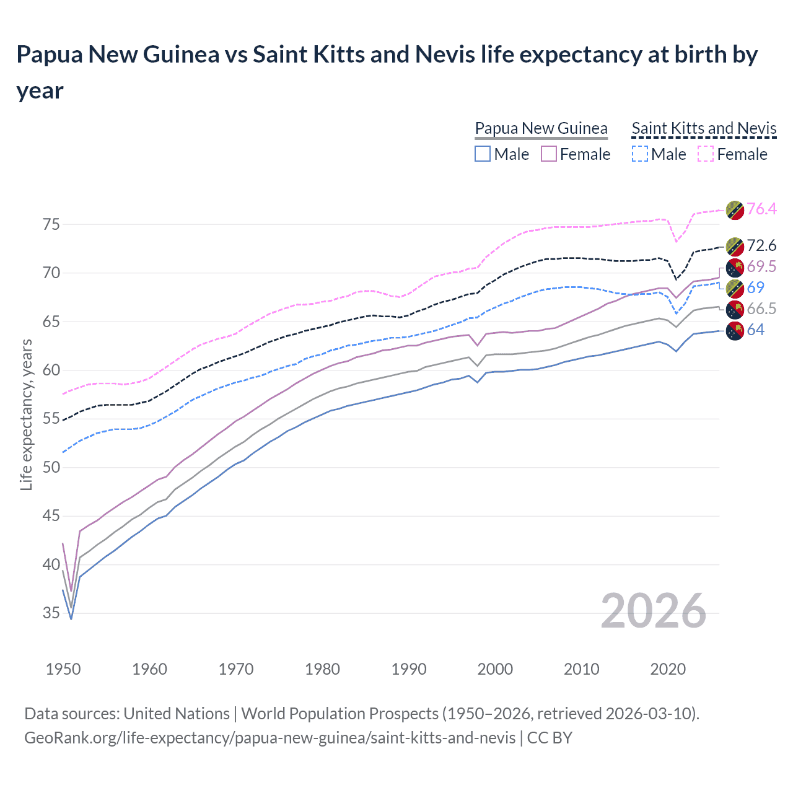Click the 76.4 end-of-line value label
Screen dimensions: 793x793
coord(761,209)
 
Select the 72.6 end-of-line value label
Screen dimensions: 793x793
coord(761,246)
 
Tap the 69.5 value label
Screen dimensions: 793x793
coord(761,267)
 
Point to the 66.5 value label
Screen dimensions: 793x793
coord(761,309)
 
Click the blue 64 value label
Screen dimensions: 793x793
coord(756,330)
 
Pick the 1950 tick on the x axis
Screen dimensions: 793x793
coord(63,670)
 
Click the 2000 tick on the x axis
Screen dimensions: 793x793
coord(495,670)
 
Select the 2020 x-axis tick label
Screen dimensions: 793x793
coord(668,670)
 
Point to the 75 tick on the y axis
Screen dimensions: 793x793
coord(51,225)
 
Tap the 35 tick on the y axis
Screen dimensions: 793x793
coord(51,613)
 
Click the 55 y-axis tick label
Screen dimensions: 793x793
coord(51,419)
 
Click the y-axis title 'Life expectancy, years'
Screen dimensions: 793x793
coord(27,415)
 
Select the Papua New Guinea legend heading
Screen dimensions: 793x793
coord(541,129)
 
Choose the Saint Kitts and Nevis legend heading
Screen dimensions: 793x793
coord(704,129)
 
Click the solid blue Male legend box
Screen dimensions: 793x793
coord(483,154)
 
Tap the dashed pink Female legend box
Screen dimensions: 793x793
coord(706,154)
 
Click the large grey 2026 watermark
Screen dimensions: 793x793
coord(653,611)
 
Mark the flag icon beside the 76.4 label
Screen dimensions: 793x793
coord(735,210)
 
